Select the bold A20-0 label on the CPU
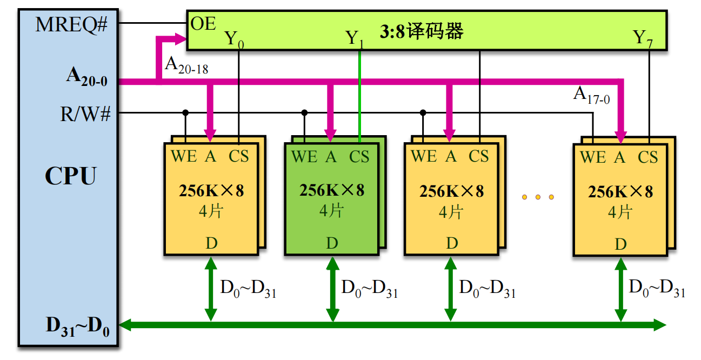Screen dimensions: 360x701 86,78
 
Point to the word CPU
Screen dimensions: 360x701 70,176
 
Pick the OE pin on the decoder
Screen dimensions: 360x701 203,24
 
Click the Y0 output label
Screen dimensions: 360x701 234,39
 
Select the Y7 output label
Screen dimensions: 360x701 643,38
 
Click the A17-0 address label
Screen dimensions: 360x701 591,96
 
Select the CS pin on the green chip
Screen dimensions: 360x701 359,157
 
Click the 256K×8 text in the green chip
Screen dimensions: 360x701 332,190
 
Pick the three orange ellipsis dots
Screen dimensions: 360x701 538,197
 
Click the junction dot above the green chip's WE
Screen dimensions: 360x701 304,112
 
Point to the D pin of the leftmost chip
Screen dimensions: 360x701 211,243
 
